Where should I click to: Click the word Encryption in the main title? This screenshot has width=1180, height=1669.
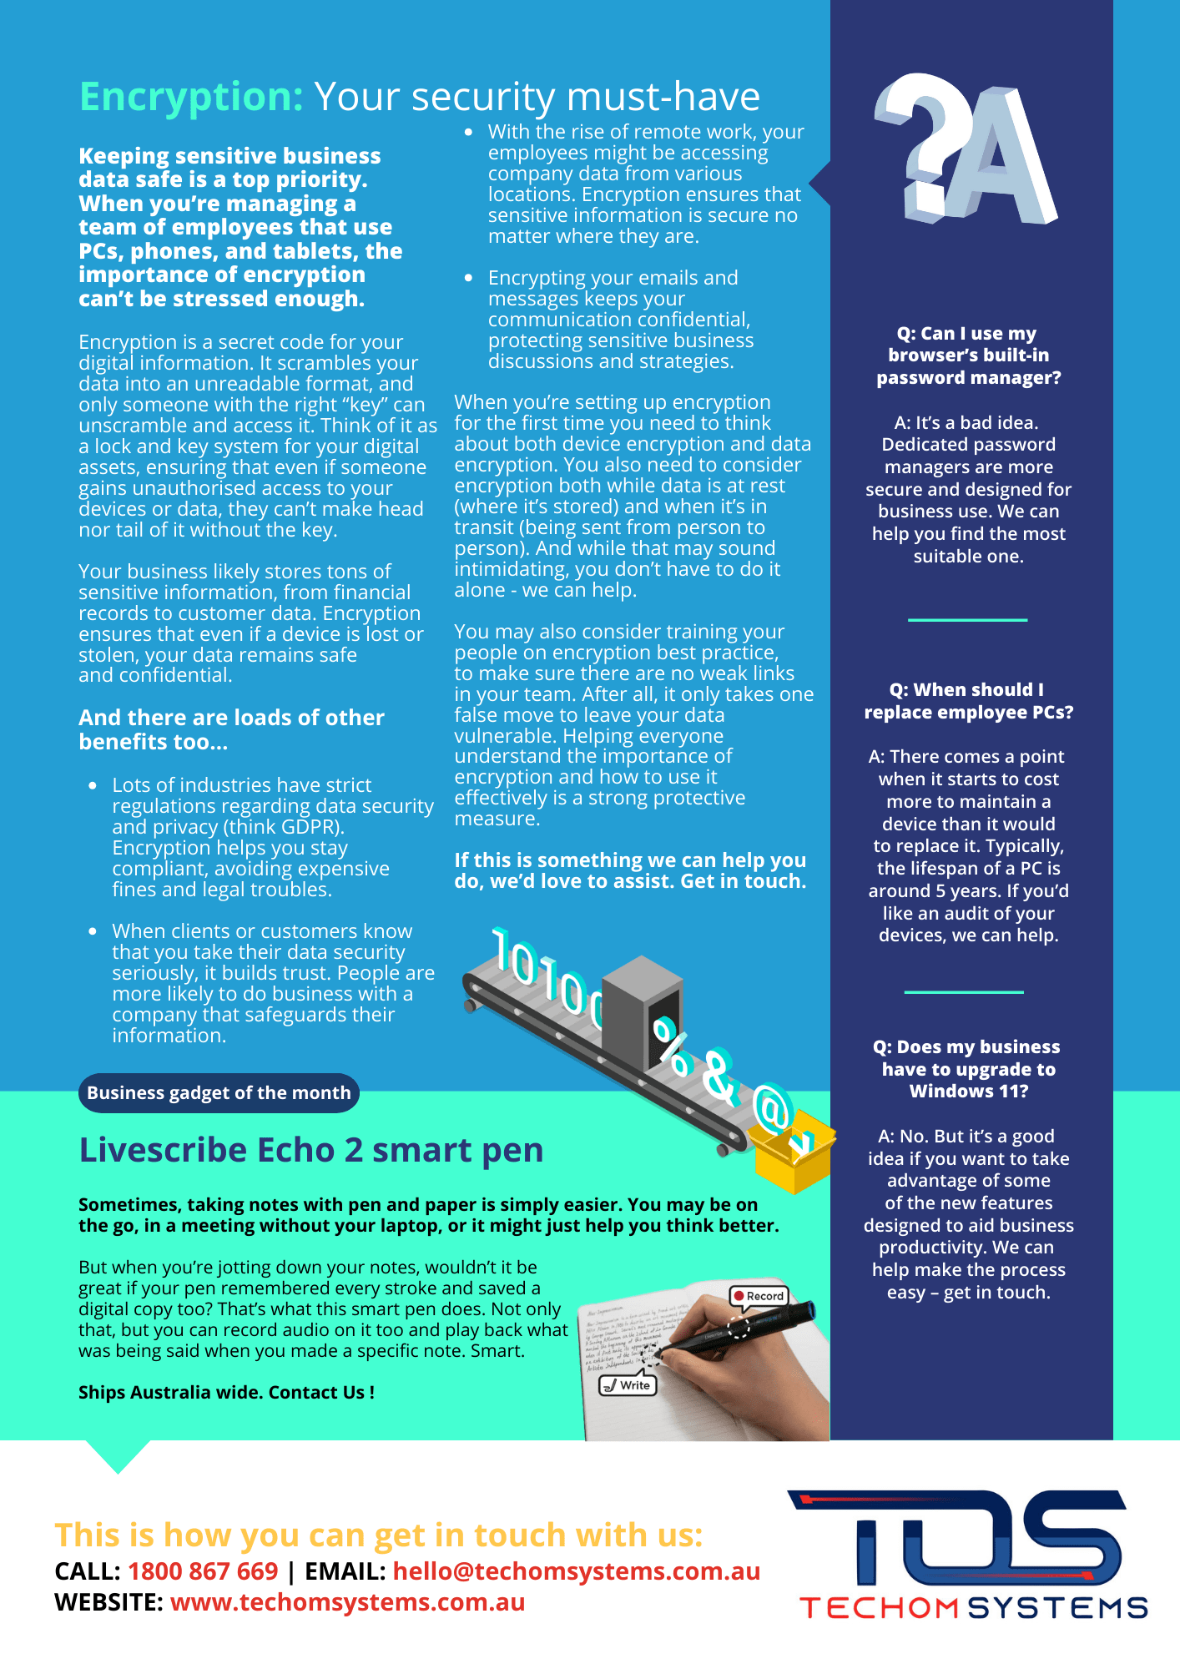click(x=191, y=97)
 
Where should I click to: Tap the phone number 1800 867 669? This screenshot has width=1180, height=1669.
click(x=203, y=1571)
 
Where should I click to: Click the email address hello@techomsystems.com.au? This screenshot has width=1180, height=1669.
click(x=576, y=1571)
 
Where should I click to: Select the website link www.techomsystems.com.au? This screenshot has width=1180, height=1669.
click(x=347, y=1602)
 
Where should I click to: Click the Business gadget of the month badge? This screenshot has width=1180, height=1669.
click(x=219, y=1093)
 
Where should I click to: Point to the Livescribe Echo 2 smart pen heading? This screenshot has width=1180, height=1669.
click(x=310, y=1150)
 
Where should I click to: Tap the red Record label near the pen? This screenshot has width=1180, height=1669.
click(x=759, y=1296)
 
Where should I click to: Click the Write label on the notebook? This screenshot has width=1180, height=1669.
click(x=628, y=1385)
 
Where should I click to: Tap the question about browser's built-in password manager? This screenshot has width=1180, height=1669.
click(x=968, y=355)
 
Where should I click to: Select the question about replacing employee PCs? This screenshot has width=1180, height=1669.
click(x=968, y=701)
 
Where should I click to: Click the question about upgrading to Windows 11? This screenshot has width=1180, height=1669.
click(x=968, y=1069)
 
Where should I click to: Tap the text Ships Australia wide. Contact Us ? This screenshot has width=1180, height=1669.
click(x=226, y=1392)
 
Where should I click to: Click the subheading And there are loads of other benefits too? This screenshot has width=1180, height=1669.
click(x=231, y=729)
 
